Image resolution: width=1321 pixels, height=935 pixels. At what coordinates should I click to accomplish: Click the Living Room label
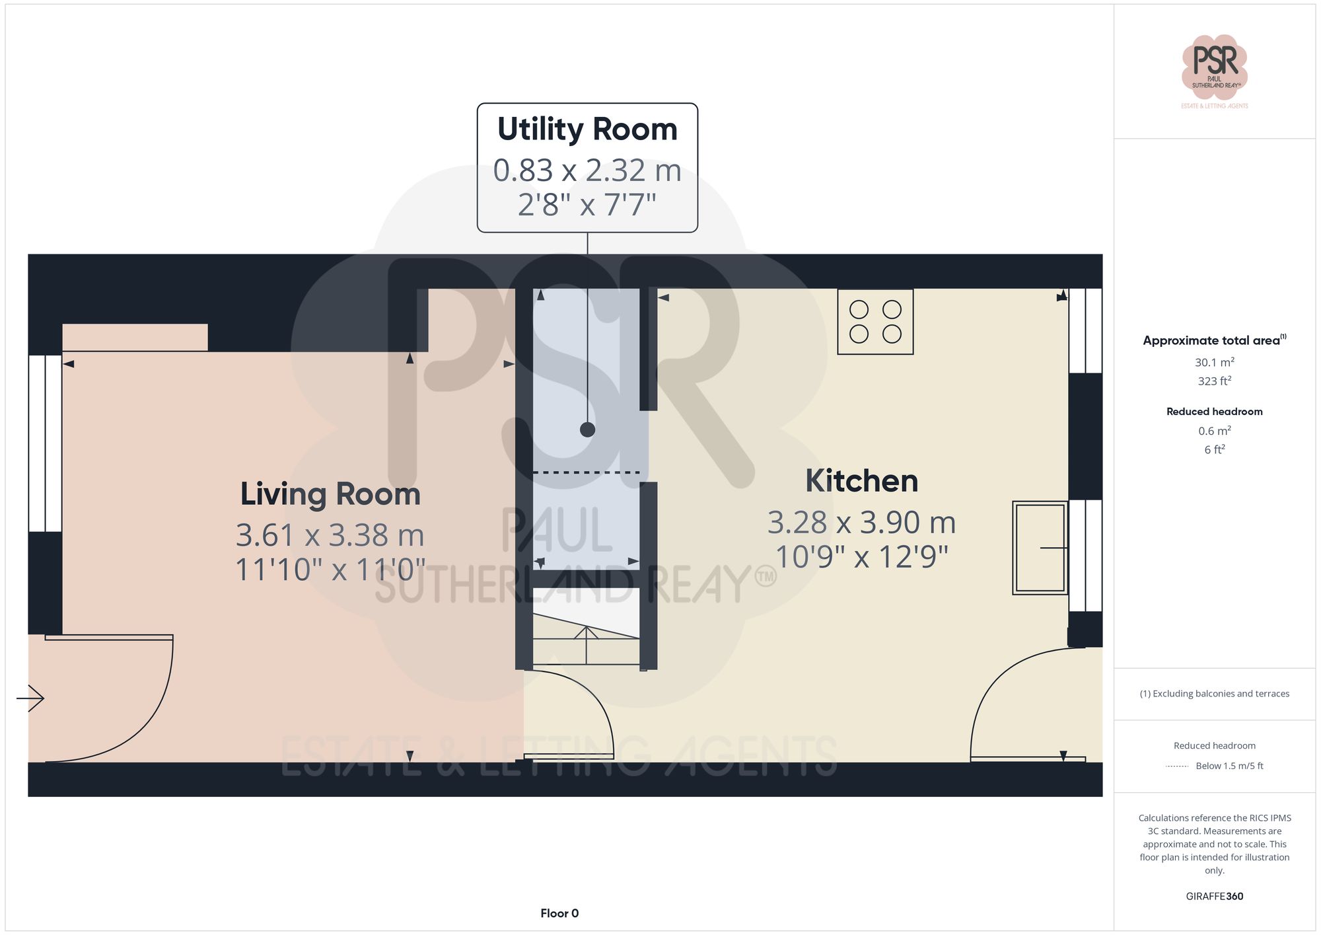(x=330, y=494)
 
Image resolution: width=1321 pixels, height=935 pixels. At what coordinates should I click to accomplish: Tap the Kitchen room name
(x=861, y=481)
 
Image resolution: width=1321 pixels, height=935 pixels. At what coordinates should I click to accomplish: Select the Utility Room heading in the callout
(x=587, y=130)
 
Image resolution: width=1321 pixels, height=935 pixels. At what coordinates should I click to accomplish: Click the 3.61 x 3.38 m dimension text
(x=330, y=535)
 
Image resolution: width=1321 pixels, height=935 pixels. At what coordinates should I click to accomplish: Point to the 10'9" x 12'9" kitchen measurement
(x=861, y=557)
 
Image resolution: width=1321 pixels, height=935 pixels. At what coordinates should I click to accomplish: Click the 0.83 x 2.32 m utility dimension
(x=587, y=170)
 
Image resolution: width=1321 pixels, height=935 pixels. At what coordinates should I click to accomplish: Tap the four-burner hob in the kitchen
(x=875, y=322)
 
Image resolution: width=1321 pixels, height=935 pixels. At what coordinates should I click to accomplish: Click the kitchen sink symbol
(x=1040, y=548)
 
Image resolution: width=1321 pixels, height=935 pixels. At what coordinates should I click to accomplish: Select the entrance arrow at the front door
(x=31, y=698)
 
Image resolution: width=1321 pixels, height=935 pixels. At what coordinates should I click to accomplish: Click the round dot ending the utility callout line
(x=587, y=430)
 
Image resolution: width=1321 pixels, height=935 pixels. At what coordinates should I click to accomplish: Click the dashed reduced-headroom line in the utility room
(x=586, y=472)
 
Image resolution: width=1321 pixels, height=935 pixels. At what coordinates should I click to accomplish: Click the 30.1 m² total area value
(x=1214, y=362)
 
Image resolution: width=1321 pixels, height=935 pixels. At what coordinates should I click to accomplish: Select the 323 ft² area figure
(x=1214, y=381)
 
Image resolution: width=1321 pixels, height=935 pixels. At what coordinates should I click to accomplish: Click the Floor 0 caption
(x=559, y=913)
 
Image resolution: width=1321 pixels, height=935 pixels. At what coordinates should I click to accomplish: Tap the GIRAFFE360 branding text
(x=1214, y=897)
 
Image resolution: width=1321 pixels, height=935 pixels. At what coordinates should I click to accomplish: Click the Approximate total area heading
(x=1214, y=340)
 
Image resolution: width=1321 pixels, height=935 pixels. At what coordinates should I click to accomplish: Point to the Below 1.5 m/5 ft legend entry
(x=1229, y=766)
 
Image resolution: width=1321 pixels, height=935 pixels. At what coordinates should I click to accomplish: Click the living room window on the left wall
(x=45, y=443)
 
